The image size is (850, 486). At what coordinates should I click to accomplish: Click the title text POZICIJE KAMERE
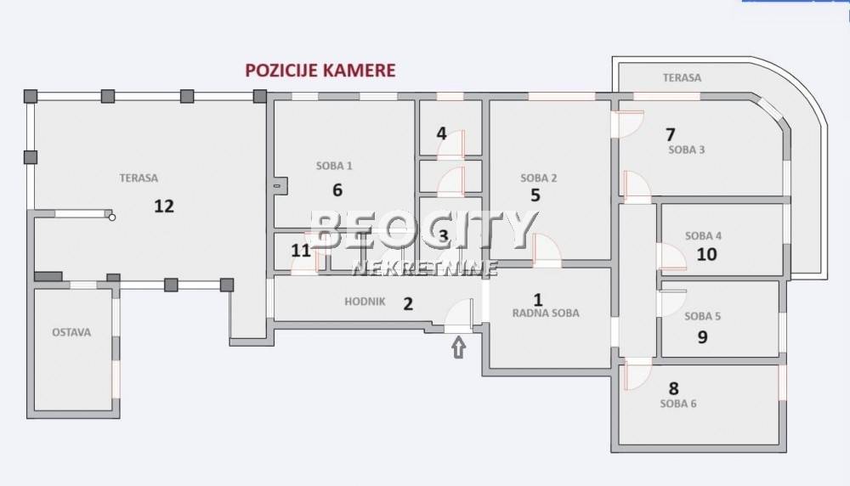point(320,71)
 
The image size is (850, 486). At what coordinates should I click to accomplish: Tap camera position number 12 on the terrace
point(164,206)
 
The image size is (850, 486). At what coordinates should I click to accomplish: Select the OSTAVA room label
point(71,332)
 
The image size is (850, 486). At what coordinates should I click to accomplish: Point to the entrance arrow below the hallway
point(459,348)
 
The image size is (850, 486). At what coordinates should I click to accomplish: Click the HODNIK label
point(365,302)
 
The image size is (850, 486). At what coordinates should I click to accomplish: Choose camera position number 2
point(408,304)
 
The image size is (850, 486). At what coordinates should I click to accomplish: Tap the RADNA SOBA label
point(546,313)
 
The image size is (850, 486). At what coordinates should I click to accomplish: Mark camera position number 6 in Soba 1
point(337,189)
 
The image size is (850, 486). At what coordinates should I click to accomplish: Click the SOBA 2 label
point(538,178)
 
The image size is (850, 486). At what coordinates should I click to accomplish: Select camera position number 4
point(441,133)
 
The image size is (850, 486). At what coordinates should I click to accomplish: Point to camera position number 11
point(301,251)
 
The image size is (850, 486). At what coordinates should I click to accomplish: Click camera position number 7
point(671,134)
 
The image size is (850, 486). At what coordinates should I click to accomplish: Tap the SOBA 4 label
point(703,235)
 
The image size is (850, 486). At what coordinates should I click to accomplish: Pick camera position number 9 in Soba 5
point(703,337)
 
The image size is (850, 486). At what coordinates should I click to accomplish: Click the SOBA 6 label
point(678,403)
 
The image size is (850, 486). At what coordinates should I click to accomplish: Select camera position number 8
point(674,388)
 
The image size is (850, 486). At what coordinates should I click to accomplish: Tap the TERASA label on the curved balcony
point(682,77)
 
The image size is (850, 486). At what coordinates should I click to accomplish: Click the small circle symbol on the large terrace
point(111,218)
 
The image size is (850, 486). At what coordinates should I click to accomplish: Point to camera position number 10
point(707,254)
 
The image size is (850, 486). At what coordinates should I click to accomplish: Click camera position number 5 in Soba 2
point(535,195)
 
